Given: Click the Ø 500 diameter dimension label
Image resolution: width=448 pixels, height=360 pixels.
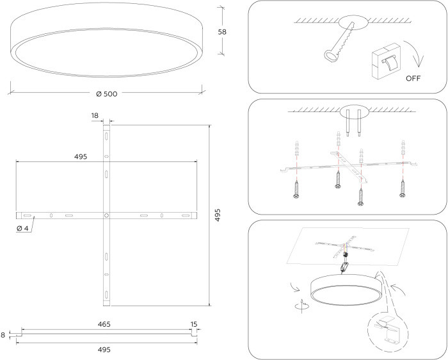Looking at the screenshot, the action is [107, 94].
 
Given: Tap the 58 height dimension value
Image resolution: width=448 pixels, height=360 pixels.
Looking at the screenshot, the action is [222, 32].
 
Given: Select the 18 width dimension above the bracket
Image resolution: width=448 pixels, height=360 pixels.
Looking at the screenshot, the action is [95, 115].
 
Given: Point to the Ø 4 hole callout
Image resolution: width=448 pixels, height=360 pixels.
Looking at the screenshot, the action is [22, 229].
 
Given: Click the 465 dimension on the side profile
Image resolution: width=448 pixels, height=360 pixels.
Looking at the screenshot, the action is [104, 324].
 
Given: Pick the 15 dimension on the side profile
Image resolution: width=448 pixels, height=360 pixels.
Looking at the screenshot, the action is [194, 324].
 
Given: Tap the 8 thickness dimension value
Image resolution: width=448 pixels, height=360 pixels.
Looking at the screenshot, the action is [3, 335].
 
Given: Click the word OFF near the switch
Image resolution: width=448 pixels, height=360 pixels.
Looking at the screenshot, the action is [413, 78].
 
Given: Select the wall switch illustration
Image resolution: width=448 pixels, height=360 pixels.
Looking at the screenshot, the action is [386, 61].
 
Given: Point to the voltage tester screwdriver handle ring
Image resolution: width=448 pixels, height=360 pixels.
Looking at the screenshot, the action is [331, 56].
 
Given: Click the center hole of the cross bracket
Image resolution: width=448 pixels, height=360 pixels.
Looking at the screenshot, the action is [106, 215].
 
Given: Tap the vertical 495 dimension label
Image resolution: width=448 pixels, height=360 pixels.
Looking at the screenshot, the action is [218, 215].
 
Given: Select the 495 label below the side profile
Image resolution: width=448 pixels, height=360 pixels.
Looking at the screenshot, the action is [104, 350].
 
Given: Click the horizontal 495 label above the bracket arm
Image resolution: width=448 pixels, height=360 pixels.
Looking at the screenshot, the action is [81, 157].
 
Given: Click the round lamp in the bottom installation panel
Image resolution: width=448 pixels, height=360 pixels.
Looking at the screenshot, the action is [346, 290].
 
